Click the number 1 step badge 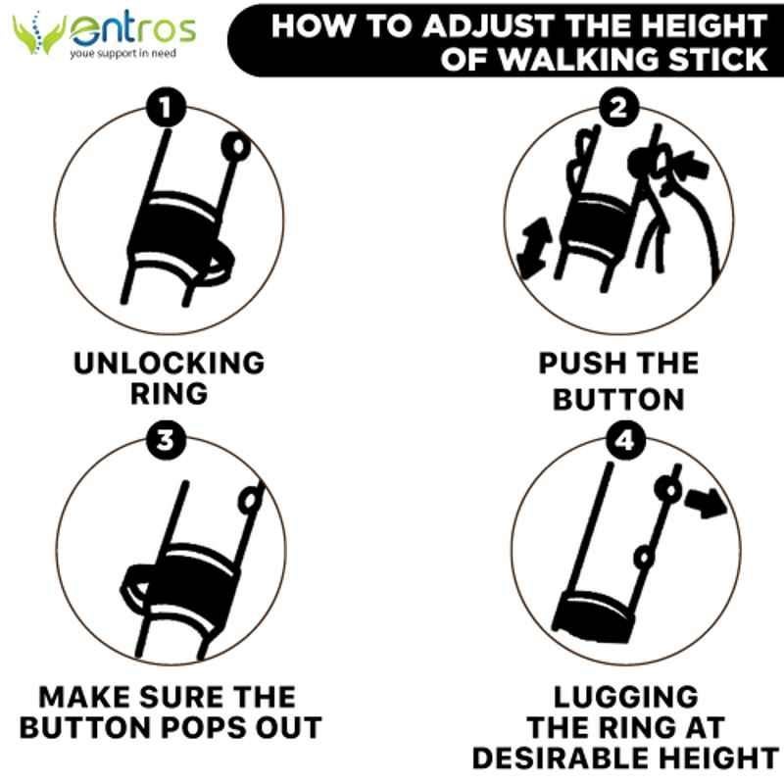pyautogui.click(x=166, y=107)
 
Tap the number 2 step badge pyautogui.click(x=619, y=107)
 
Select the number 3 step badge pyautogui.click(x=166, y=441)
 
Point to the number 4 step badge pyautogui.click(x=625, y=441)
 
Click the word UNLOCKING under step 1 pyautogui.click(x=169, y=363)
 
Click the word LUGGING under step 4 pyautogui.click(x=626, y=697)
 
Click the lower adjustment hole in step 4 pyautogui.click(x=644, y=557)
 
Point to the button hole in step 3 pyautogui.click(x=251, y=501)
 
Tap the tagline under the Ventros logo pyautogui.click(x=123, y=53)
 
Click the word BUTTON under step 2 pyautogui.click(x=618, y=400)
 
